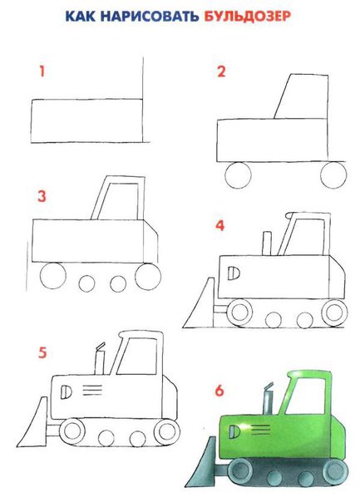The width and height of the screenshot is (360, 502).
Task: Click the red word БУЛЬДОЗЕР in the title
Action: coord(247,17)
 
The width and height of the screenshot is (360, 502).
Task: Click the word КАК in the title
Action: coord(81,17)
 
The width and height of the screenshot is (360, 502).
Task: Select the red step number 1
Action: coord(42,71)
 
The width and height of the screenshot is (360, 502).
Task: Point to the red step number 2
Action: coord(221,71)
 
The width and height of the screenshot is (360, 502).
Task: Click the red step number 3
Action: coord(42,196)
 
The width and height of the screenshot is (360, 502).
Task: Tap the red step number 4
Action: coord(220,225)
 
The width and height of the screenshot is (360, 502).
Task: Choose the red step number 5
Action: coord(42,352)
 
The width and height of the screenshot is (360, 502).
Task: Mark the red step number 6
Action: coord(219,391)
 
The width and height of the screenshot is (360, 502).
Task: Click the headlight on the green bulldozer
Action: coord(234,431)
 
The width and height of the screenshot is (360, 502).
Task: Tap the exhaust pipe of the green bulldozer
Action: coord(268,399)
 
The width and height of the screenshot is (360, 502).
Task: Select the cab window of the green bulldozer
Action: coord(306,396)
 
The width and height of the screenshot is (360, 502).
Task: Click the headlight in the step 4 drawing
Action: coord(234,273)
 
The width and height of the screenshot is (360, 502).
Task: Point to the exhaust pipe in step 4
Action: coord(267,244)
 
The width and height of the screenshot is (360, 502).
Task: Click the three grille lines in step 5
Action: coord(92,390)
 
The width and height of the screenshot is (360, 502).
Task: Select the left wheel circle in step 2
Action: coord(239,175)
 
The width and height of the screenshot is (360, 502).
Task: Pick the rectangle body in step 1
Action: coord(86,121)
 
